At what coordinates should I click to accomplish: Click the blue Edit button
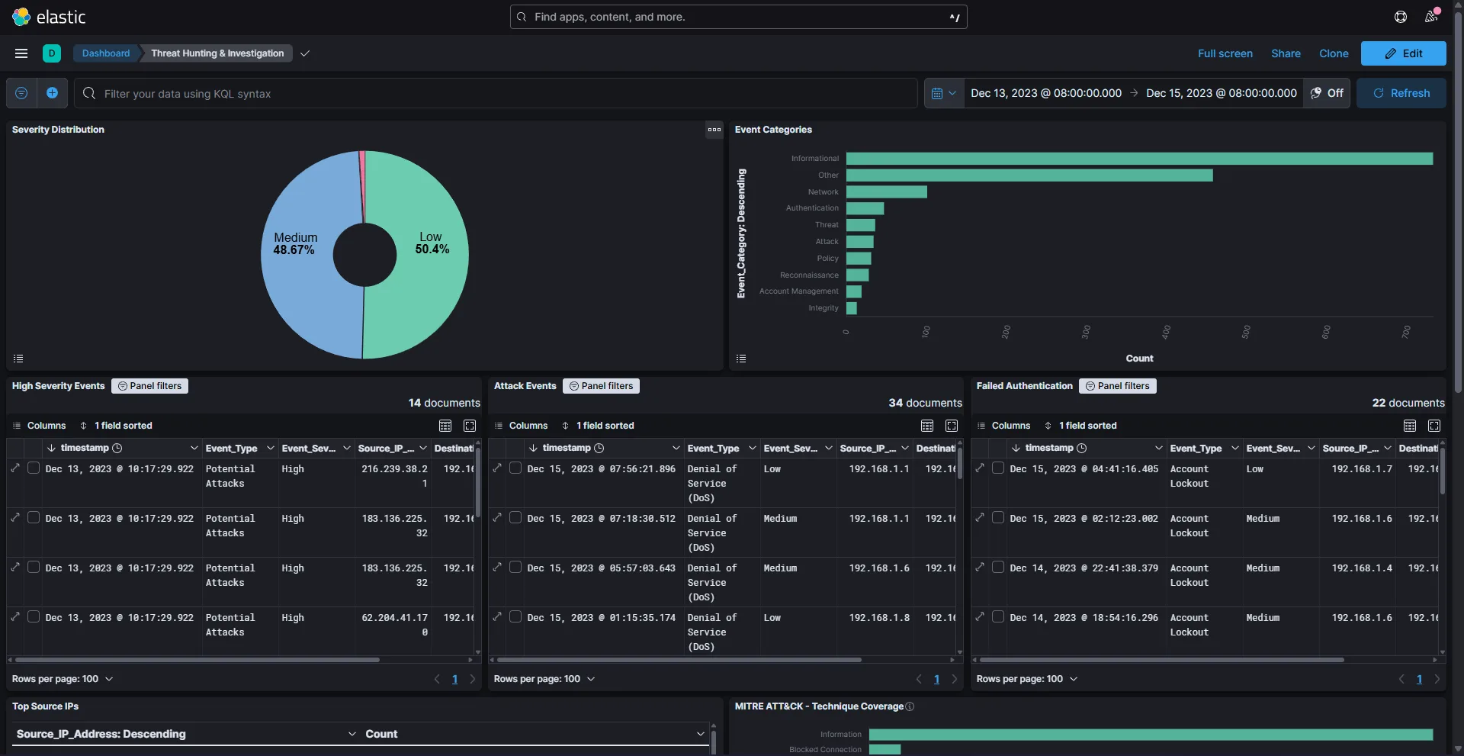coord(1403,53)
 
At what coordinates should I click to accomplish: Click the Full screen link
coord(1225,53)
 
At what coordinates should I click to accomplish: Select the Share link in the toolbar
coord(1286,53)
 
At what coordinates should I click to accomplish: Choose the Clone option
coord(1333,53)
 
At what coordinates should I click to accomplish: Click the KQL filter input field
coord(496,93)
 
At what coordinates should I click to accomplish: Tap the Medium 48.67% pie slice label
coord(295,243)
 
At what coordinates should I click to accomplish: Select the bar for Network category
coord(886,191)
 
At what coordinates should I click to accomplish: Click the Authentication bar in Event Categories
coord(865,208)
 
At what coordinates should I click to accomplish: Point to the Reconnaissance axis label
coord(808,275)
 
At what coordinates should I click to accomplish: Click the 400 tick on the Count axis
coord(1166,332)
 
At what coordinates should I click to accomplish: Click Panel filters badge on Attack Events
coord(601,386)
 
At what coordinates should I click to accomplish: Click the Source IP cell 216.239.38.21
coord(394,476)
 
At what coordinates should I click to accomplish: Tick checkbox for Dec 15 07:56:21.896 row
coord(515,468)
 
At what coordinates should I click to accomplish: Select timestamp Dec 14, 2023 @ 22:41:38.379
coord(1084,568)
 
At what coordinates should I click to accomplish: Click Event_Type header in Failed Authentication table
coord(1196,448)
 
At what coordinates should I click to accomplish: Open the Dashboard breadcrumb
coord(106,53)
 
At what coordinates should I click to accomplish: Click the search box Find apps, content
coord(738,17)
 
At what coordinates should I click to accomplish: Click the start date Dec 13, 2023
coord(1045,93)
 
